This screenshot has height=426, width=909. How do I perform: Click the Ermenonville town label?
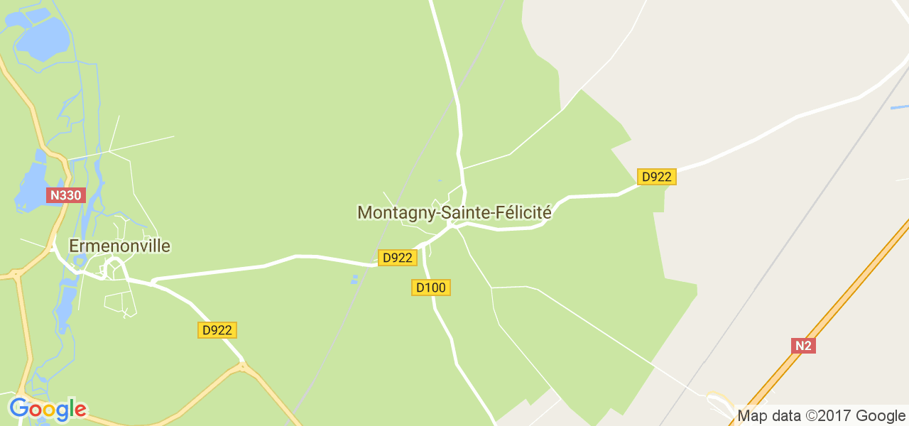pos(119,246)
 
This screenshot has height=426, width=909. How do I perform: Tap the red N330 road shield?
pos(66,195)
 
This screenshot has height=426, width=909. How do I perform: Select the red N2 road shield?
pos(803,346)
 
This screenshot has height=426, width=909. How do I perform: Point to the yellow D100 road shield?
pos(431,288)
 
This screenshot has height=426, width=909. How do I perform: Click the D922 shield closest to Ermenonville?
pos(217,330)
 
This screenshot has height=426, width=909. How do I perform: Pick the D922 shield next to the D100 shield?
pos(397,258)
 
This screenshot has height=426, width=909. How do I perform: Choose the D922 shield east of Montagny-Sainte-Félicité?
pos(656,177)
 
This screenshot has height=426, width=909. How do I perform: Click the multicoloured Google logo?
pos(48,410)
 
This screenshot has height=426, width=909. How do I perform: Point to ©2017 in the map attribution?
pos(827,415)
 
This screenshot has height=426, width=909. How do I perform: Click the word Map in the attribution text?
pos(753,415)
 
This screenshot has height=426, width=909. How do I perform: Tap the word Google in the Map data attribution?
pos(880,415)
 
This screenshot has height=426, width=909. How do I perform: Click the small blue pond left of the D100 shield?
pos(354,280)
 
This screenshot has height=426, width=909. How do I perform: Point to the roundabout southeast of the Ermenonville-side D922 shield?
pos(243,367)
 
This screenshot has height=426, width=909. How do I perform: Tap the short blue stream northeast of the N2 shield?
pos(899,107)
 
